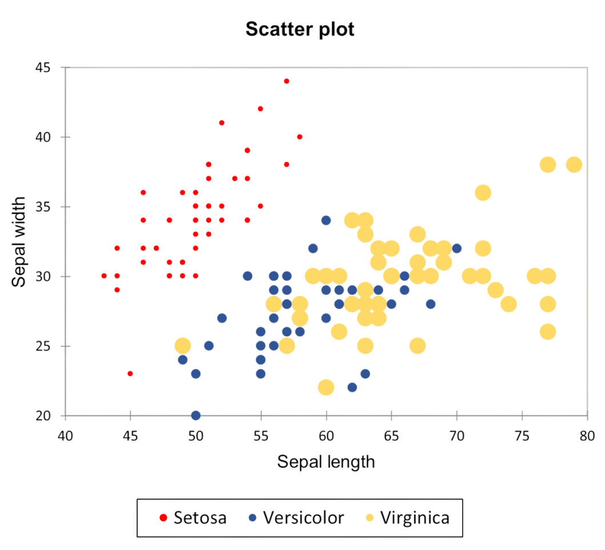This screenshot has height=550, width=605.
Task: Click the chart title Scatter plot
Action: click(x=300, y=29)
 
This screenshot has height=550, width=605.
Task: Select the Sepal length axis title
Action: click(x=326, y=461)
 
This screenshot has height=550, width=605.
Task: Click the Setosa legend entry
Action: click(x=193, y=517)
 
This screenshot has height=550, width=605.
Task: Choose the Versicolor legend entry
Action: click(x=297, y=517)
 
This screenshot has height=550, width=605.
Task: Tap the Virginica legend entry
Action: click(x=407, y=517)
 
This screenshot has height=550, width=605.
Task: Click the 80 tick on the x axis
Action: click(x=587, y=436)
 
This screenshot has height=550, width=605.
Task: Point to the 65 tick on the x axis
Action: click(x=391, y=436)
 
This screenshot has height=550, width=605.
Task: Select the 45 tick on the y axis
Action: click(x=43, y=67)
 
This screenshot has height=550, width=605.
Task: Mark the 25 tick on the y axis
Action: click(x=43, y=346)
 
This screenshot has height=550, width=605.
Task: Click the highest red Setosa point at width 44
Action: click(x=287, y=81)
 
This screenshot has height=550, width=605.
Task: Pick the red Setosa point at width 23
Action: click(x=130, y=374)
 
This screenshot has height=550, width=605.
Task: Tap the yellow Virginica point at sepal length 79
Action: click(x=574, y=164)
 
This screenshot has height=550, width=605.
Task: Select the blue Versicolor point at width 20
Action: click(x=196, y=415)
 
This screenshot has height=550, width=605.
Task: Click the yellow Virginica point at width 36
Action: click(x=483, y=192)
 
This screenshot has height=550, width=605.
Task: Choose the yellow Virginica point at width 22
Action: click(x=326, y=388)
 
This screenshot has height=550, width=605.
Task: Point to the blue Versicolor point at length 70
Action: click(x=456, y=248)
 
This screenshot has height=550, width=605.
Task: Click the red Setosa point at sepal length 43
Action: click(x=104, y=276)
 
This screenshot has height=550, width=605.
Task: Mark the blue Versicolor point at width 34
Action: click(x=326, y=220)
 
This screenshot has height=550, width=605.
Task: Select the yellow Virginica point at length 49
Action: click(x=182, y=346)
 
